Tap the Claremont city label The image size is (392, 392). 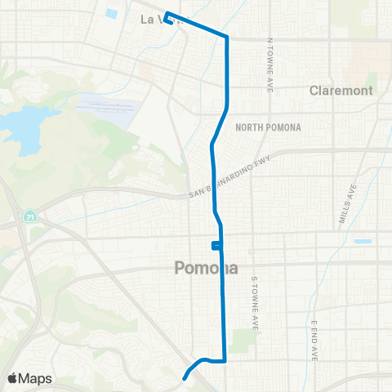point(341,91)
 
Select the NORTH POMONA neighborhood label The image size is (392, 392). point(268,127)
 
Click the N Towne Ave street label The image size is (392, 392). point(269,65)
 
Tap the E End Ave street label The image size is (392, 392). point(314,339)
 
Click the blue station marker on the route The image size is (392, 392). point(215,245)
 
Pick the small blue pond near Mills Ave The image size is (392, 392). point(362,241)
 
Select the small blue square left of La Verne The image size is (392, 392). point(110,13)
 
